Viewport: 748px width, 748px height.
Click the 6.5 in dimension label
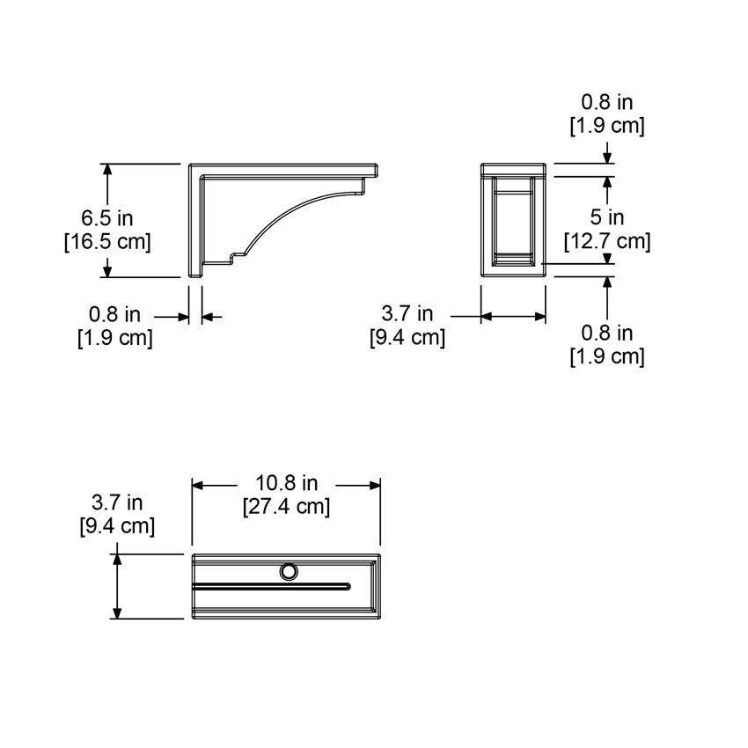tap(106, 217)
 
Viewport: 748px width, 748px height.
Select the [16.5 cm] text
tap(106, 240)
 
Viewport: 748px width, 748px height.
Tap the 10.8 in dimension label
tap(287, 483)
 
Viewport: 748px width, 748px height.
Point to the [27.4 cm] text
tap(287, 507)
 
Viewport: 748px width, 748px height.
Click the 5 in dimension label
tap(606, 217)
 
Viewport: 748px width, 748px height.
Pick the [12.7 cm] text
tap(606, 241)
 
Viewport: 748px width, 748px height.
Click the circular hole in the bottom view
tap(288, 573)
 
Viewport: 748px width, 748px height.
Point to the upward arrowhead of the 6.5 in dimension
tap(107, 169)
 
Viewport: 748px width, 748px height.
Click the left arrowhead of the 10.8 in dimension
tap(199, 484)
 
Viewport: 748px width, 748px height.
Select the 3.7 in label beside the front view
tap(407, 313)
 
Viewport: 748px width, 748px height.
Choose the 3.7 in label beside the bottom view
tap(117, 502)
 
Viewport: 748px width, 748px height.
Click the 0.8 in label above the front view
tap(606, 103)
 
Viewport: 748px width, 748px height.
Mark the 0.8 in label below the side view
tap(114, 313)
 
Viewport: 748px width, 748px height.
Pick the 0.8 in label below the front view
tap(606, 334)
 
